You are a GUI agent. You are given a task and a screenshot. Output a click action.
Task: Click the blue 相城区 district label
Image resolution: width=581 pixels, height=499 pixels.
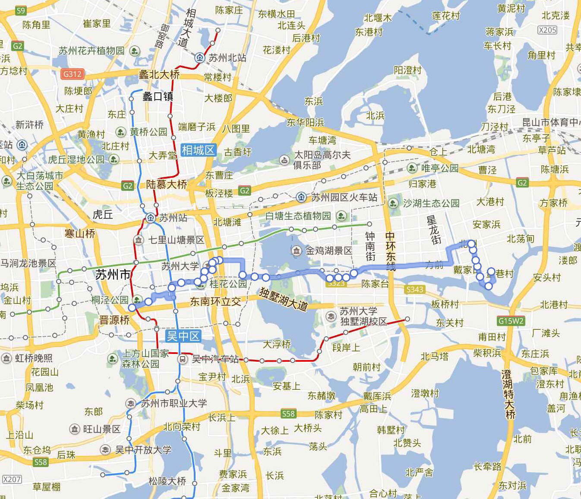[x=198, y=150]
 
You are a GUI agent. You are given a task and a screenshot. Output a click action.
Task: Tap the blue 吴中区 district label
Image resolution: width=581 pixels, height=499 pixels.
[x=183, y=336]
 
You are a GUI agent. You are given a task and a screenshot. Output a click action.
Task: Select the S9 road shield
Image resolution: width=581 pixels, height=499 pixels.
[x=20, y=10]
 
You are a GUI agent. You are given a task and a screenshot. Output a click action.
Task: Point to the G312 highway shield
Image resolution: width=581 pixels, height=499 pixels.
[x=72, y=74]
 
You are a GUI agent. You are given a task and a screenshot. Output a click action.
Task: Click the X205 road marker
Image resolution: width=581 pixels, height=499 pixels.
[x=547, y=30]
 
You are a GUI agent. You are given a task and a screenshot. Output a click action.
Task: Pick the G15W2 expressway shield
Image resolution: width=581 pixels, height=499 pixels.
[x=511, y=321]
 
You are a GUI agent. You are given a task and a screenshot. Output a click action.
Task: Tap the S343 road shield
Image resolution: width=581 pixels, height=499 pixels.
[x=414, y=289]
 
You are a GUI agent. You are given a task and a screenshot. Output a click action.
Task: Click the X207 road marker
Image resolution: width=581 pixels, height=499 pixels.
[x=12, y=479]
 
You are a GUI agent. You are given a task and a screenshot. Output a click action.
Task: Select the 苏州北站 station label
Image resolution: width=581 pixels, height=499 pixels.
[x=227, y=57]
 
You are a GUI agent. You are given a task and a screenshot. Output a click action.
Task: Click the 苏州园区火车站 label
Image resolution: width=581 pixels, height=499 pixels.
[x=344, y=198]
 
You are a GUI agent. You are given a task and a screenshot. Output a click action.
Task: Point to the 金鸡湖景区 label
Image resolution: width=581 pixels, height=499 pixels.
[x=329, y=250]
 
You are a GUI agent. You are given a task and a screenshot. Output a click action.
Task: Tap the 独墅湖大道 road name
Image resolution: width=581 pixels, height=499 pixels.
[x=283, y=299]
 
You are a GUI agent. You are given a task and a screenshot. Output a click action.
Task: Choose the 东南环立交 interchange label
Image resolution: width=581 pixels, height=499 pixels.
[x=215, y=302]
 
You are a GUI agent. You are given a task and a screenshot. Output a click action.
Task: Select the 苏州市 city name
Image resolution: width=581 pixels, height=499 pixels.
[x=113, y=274]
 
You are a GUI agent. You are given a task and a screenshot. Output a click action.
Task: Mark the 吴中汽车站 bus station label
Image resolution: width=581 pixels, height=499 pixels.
[x=215, y=359]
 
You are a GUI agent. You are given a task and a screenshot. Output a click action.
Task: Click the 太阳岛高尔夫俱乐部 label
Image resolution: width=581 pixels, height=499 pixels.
[x=322, y=160]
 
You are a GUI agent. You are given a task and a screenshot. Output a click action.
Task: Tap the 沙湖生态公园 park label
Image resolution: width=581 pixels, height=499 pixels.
[x=431, y=203]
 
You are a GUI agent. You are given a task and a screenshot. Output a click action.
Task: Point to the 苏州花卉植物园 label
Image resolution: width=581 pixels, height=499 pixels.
[x=92, y=51]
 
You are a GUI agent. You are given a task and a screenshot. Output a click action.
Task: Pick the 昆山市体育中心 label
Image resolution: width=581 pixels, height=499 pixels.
[x=550, y=122]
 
